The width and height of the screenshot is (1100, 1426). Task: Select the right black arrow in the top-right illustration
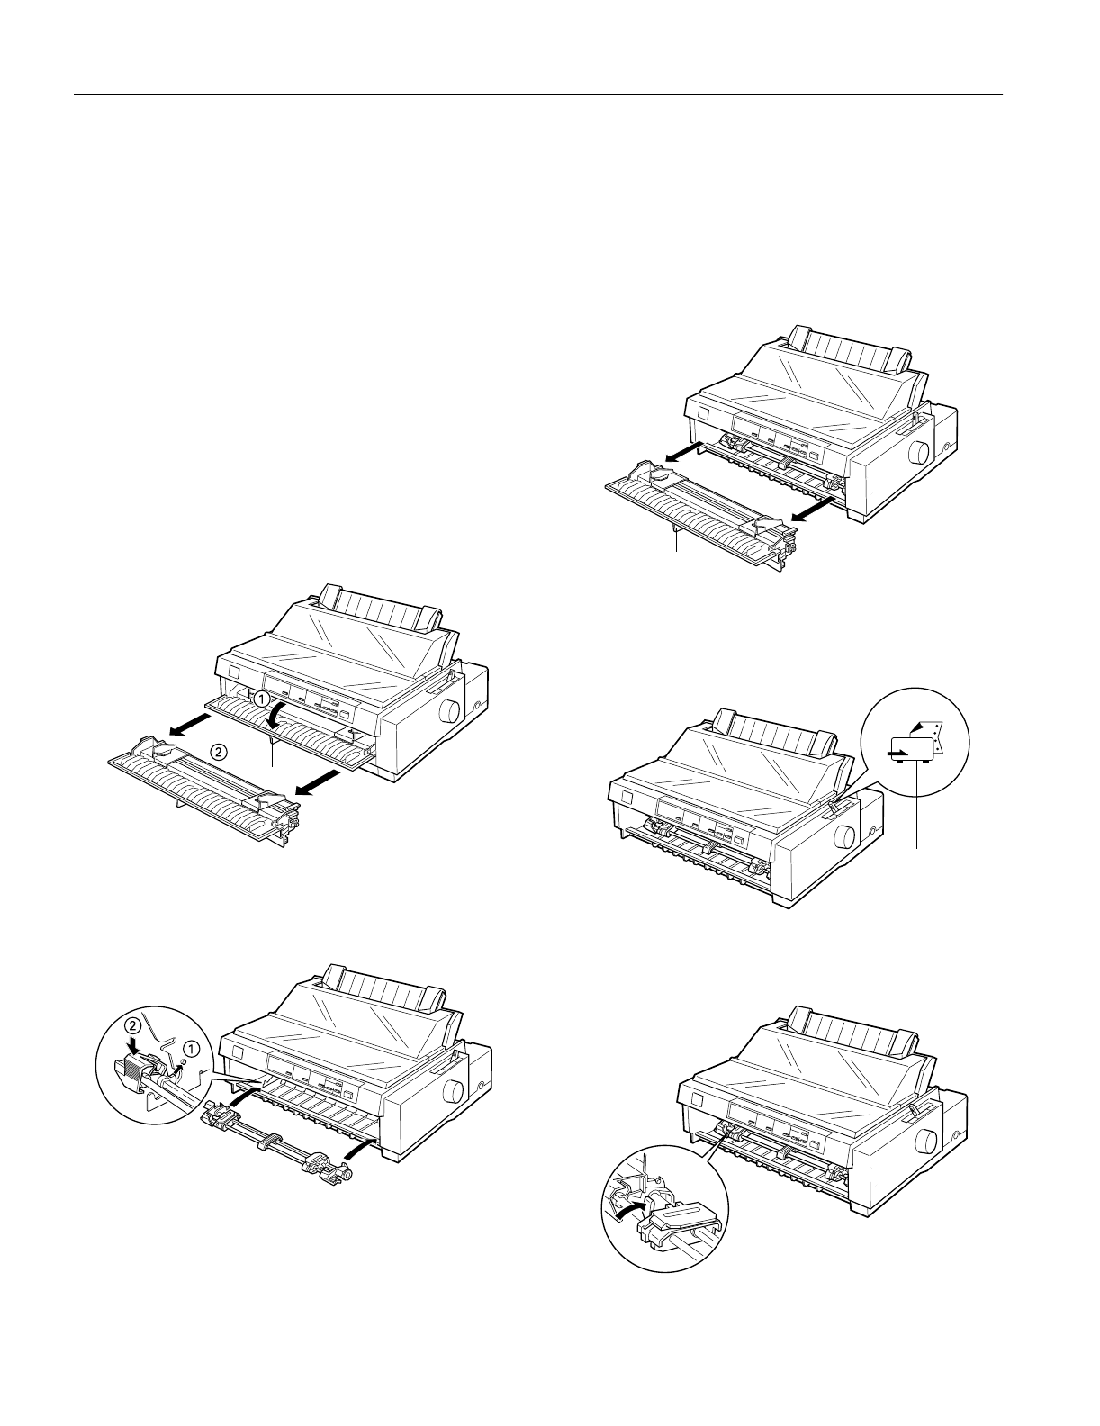[x=812, y=509]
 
